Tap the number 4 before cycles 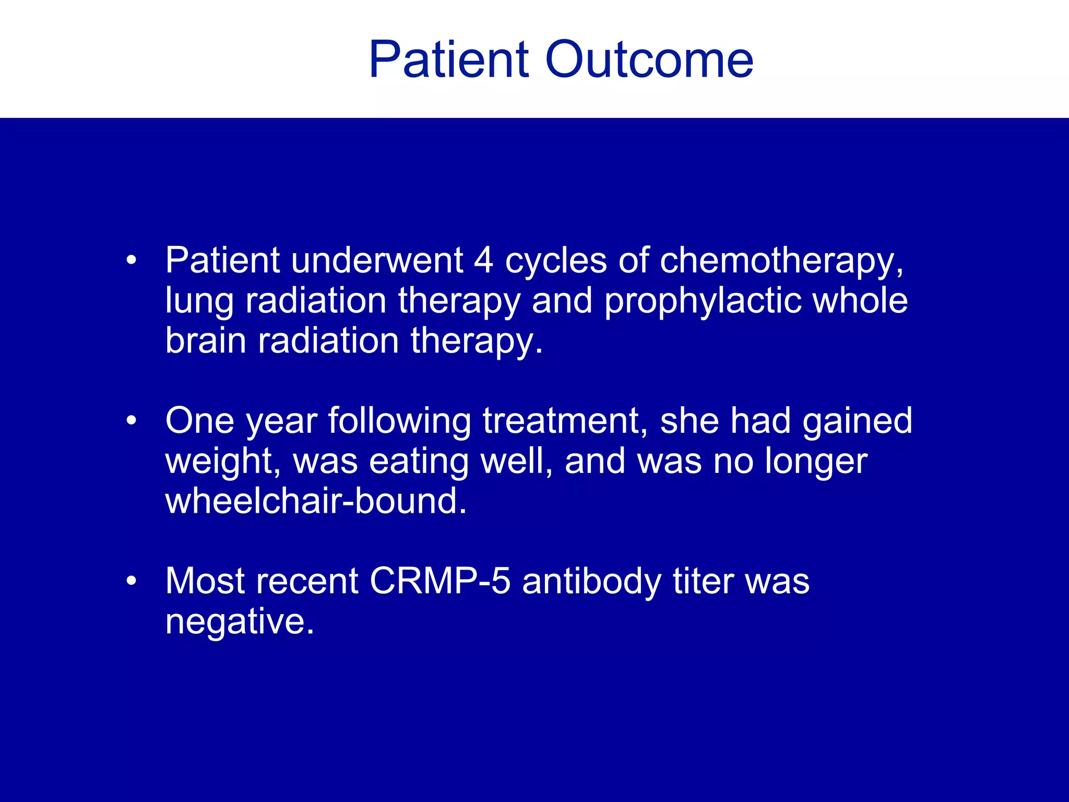pos(483,261)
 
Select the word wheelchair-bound pos(316,501)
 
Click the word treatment pos(561,421)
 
